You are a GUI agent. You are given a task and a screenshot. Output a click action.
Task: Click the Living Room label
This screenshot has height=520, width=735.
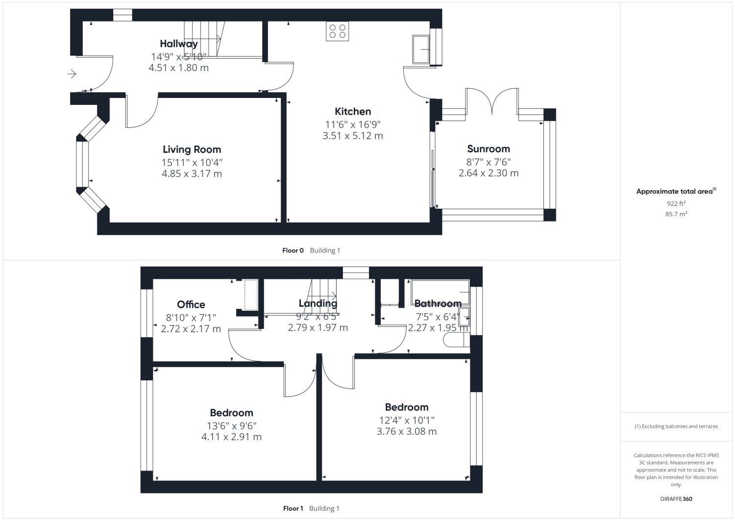point(192,149)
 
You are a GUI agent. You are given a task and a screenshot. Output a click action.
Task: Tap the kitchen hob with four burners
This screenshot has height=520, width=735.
point(337,31)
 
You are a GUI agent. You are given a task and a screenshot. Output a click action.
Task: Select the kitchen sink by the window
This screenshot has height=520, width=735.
point(420,49)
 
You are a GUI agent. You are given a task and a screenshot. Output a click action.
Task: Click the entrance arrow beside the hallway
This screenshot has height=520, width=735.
point(72,74)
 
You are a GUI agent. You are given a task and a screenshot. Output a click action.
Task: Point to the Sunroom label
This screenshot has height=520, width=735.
point(488,149)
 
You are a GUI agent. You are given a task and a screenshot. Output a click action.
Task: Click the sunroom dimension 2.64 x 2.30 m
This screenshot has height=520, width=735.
point(488,173)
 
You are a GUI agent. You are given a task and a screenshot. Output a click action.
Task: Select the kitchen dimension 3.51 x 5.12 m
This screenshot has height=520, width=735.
point(352,136)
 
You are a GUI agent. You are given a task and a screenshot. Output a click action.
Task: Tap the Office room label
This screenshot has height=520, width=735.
point(191,305)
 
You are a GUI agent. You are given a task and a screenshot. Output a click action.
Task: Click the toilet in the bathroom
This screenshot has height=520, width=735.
point(456,341)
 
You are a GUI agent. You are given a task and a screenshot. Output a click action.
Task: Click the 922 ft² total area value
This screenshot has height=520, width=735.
point(676,203)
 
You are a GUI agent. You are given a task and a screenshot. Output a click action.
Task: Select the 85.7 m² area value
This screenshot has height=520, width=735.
point(676,214)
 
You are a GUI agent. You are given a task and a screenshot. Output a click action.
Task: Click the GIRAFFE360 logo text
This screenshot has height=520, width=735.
point(676,499)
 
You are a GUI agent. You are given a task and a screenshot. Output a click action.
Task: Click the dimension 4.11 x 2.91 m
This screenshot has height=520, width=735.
point(231,437)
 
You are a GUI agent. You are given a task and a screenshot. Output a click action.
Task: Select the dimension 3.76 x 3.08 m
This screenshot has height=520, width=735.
point(406,431)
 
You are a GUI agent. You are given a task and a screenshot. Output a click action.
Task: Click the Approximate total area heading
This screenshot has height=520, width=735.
point(676,192)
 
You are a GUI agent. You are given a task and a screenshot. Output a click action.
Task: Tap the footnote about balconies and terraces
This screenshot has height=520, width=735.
point(676,426)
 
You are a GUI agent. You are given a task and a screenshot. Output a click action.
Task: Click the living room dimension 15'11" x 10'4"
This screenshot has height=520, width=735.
point(192,162)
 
